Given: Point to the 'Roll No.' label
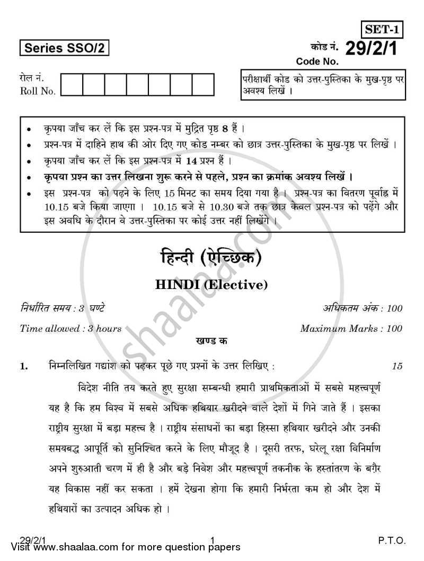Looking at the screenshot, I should point(37,91).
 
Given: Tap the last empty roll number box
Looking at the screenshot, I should point(203,85).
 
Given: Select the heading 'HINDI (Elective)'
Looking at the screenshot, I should point(211,285).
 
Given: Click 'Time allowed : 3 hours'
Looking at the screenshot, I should point(70,328).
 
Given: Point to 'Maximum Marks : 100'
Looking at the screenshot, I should point(351,328).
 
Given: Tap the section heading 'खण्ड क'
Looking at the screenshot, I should point(211,342).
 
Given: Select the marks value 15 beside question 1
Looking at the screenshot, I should point(397,366).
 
